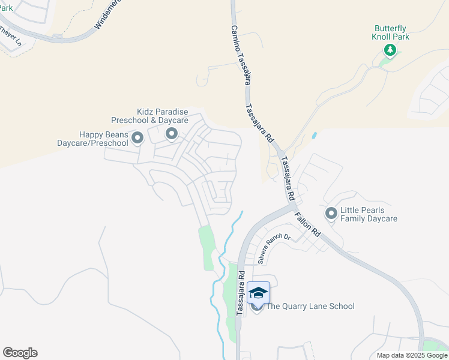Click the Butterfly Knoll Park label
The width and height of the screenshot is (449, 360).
(391, 32)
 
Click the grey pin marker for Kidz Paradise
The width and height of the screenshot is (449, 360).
(172, 134)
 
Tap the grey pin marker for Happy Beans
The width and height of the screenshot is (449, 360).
(137, 139)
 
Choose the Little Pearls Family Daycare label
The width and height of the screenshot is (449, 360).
(369, 215)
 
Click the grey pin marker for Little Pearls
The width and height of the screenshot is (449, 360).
(331, 213)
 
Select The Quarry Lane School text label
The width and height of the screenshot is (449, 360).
(310, 307)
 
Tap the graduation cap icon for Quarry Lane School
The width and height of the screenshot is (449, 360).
(258, 293)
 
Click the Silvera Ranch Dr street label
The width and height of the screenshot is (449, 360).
(274, 249)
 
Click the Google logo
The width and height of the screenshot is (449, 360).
(20, 353)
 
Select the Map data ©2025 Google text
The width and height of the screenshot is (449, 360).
(412, 355)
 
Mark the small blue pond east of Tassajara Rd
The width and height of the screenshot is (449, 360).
(314, 136)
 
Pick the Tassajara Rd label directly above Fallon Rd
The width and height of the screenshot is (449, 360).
(288, 178)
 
